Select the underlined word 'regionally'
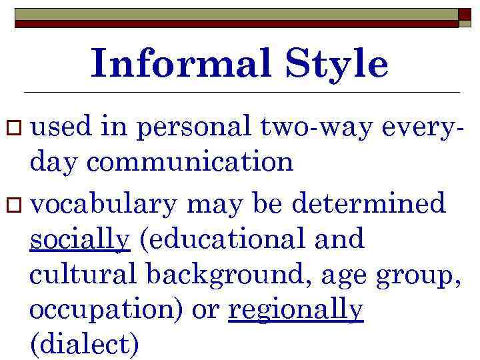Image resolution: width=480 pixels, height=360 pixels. click(x=296, y=309)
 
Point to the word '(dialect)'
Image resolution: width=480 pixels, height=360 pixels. click(x=85, y=345)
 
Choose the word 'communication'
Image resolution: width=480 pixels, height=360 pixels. click(x=191, y=162)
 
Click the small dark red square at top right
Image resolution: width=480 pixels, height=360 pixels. click(x=464, y=17)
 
